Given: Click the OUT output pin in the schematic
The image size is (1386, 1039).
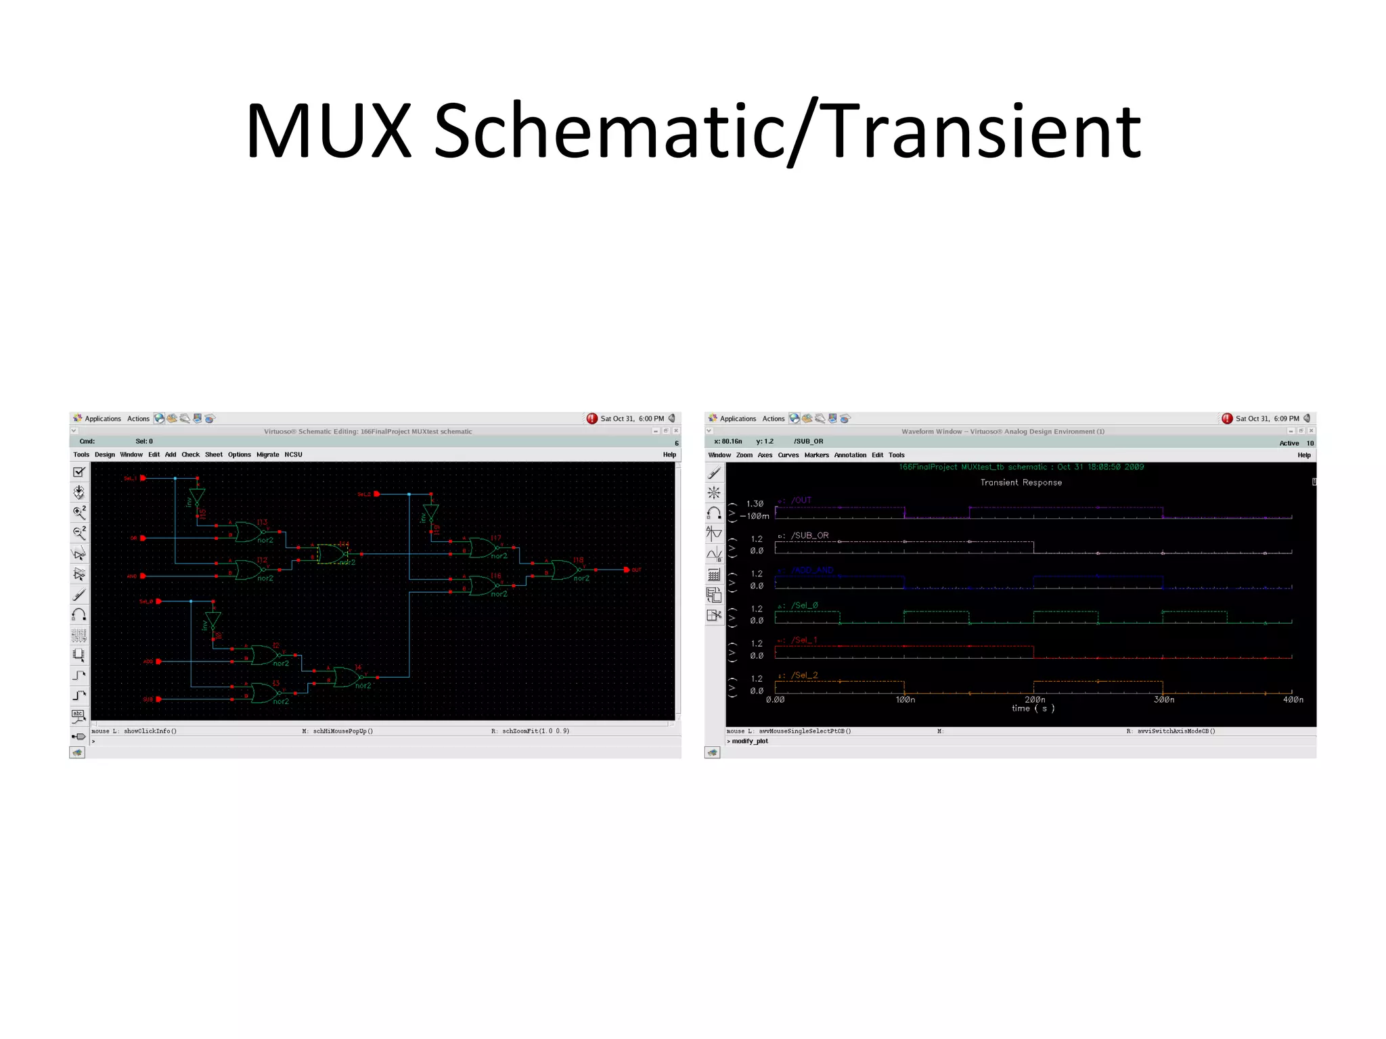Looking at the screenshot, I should pos(627,570).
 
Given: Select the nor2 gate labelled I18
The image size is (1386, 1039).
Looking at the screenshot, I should pos(566,570).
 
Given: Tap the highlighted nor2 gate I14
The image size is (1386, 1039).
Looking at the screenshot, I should pos(332,554).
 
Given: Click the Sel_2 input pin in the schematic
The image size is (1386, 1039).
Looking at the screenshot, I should pos(376,494).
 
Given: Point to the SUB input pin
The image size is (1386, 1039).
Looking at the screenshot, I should pos(158,699).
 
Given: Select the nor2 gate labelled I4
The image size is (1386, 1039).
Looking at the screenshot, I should pos(346,676).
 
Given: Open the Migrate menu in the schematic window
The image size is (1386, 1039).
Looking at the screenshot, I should pos(267,455).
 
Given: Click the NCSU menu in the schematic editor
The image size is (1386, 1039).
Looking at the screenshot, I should pos(293,455).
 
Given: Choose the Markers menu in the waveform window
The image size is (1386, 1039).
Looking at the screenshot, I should pos(816,455).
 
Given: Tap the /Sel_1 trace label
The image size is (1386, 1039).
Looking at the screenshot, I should pos(804,640).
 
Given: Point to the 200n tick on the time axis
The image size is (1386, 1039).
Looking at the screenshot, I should pos(1034,699).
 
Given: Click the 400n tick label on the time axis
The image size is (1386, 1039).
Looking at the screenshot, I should pos(1293,699).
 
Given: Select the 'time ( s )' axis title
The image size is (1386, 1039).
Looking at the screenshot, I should pos(1033,708).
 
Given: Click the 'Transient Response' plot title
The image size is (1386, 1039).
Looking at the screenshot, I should pos(1021,482).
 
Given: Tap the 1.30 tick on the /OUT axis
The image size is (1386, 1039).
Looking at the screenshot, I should pos(755,504).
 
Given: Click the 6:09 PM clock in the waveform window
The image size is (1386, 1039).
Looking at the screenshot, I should pos(1286,419).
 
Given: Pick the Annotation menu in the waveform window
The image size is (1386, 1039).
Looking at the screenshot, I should pos(850,455).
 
